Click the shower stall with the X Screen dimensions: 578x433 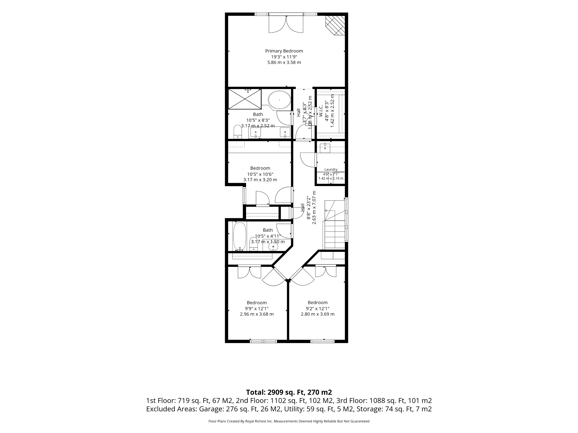[245, 99]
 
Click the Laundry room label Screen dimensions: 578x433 [331, 169]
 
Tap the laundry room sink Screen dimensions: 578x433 [325, 148]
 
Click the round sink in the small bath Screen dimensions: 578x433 [273, 246]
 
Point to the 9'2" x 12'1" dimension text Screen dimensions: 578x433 [318, 308]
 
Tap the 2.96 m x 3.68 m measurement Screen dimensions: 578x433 [257, 314]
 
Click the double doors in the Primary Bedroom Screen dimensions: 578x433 [286, 24]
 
